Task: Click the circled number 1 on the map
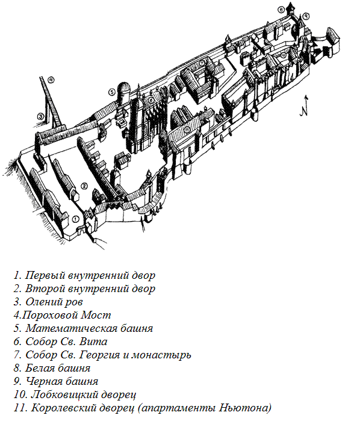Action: [x=76, y=219]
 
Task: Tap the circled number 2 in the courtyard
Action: [x=84, y=185]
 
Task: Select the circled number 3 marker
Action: [x=40, y=117]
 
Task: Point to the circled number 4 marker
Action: [x=51, y=79]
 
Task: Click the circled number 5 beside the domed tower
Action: [x=112, y=92]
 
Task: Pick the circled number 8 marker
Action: [x=281, y=10]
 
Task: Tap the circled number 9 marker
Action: [x=306, y=16]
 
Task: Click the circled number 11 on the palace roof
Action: [x=187, y=129]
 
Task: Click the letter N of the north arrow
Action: [x=305, y=110]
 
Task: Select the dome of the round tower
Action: [x=124, y=87]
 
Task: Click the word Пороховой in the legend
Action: [x=51, y=315]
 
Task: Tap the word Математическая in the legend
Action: [x=72, y=328]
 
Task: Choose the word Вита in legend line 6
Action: [x=93, y=341]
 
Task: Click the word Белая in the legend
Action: [x=40, y=368]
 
